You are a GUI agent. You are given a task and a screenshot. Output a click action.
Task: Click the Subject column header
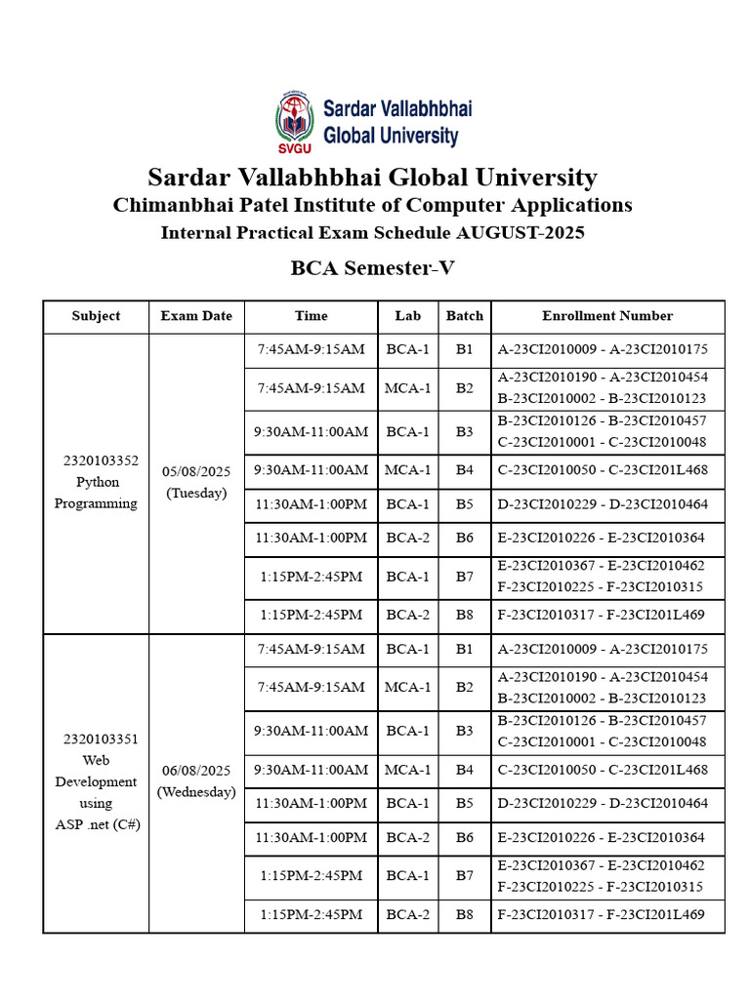pyautogui.click(x=96, y=316)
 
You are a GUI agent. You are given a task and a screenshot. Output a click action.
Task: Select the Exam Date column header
pyautogui.click(x=196, y=316)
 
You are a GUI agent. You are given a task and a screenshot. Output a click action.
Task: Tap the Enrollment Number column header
pyautogui.click(x=607, y=316)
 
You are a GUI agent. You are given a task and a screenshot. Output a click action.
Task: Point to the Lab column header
pyautogui.click(x=408, y=316)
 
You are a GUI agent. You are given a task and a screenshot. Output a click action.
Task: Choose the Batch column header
pyautogui.click(x=465, y=316)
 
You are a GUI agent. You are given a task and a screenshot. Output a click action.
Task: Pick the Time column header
pyautogui.click(x=312, y=316)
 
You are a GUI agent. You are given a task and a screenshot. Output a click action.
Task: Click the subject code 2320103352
pyautogui.click(x=96, y=460)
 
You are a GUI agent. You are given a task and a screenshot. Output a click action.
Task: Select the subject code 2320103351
pyautogui.click(x=96, y=739)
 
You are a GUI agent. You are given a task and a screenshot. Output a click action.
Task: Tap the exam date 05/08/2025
pyautogui.click(x=196, y=471)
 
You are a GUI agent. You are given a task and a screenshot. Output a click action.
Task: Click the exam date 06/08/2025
pyautogui.click(x=196, y=771)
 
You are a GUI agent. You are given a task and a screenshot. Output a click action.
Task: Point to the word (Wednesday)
pyautogui.click(x=196, y=792)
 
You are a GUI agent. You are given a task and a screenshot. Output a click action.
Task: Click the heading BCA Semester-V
pyautogui.click(x=373, y=267)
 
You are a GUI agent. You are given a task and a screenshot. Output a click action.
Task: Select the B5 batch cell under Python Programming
pyautogui.click(x=465, y=504)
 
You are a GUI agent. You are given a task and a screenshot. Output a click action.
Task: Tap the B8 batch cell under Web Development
pyautogui.click(x=465, y=915)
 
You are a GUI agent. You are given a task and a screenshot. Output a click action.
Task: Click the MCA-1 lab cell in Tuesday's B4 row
pyautogui.click(x=408, y=470)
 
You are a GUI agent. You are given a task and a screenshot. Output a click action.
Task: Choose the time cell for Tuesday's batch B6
pyautogui.click(x=312, y=538)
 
